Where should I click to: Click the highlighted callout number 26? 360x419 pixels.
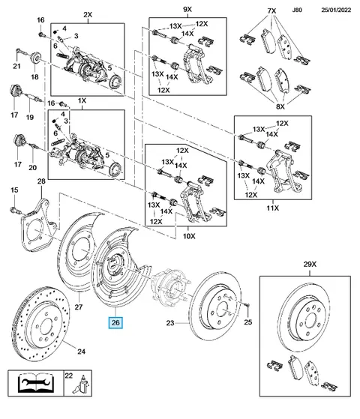pyautogui.click(x=115, y=322)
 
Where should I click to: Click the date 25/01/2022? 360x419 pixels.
pyautogui.click(x=336, y=10)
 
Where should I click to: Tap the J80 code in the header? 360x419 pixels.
pyautogui.click(x=297, y=10)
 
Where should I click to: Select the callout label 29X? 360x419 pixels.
pyautogui.click(x=310, y=264)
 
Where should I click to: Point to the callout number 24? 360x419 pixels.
pyautogui.click(x=81, y=352)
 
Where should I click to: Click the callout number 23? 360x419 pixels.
pyautogui.click(x=170, y=323)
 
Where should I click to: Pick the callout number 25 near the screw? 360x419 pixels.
pyautogui.click(x=248, y=322)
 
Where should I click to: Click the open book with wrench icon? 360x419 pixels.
pyautogui.click(x=35, y=383)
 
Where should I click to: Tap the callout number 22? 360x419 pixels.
pyautogui.click(x=68, y=376)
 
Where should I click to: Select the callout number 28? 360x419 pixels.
pyautogui.click(x=41, y=181)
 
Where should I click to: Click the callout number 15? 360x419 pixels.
pyautogui.click(x=14, y=190)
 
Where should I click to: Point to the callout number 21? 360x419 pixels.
pyautogui.click(x=16, y=66)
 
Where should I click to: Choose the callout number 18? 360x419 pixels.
pyautogui.click(x=34, y=77)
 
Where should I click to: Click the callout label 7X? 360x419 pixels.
pyautogui.click(x=271, y=10)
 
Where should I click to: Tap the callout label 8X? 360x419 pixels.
pyautogui.click(x=280, y=106)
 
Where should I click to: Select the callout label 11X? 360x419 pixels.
pyautogui.click(x=272, y=208)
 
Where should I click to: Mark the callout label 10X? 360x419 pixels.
pyautogui.click(x=189, y=236)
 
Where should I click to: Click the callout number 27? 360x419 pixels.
pyautogui.click(x=78, y=307)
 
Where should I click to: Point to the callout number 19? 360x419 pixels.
pyautogui.click(x=30, y=117)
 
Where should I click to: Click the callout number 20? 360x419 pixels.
pyautogui.click(x=33, y=168)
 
